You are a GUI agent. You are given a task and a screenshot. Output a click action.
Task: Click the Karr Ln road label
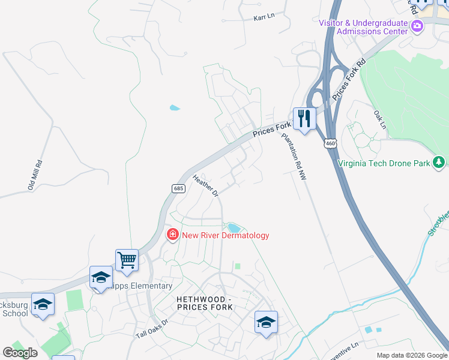click(x=264, y=17)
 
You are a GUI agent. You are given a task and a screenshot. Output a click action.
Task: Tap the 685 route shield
click(x=178, y=188)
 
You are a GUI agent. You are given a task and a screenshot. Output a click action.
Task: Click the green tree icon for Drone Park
click(x=439, y=162)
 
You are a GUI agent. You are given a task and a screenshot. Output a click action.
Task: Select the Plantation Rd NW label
click(x=294, y=151)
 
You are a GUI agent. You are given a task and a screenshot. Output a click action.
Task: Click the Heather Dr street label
click(x=205, y=185)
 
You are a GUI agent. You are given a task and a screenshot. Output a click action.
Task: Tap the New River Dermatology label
click(x=226, y=235)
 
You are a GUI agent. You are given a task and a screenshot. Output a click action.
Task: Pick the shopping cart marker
click(x=127, y=260)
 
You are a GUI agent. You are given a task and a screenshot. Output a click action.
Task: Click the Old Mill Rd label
click(x=35, y=175)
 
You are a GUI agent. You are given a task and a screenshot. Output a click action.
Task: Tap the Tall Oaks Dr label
click(x=151, y=327)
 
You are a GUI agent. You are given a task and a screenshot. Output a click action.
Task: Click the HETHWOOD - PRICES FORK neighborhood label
click(x=204, y=302)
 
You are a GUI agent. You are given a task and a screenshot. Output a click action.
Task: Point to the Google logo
click(x=20, y=353)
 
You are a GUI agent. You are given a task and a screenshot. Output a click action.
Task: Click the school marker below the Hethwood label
click(x=266, y=322)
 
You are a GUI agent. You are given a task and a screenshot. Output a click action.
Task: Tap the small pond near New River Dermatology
click(x=232, y=227)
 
